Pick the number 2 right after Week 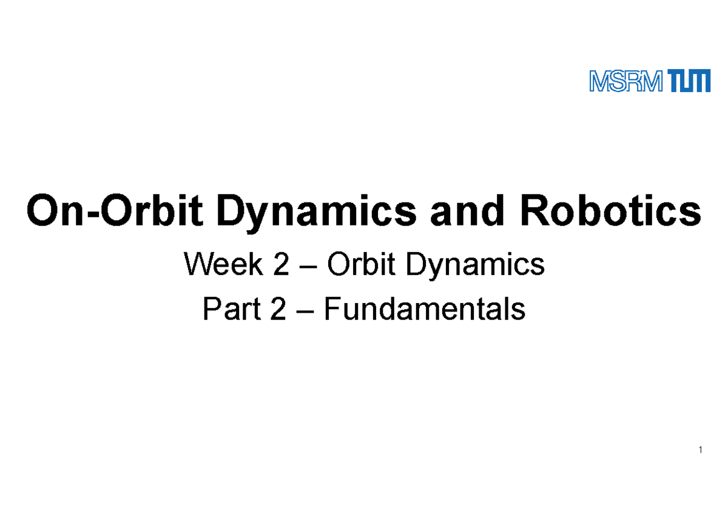[281, 265]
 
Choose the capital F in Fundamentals [331, 310]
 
